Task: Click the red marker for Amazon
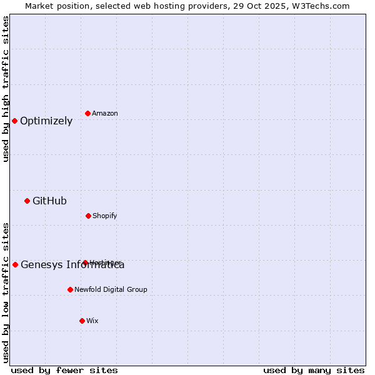pos(88,113)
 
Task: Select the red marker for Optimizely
pos(15,121)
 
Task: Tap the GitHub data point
pos(27,201)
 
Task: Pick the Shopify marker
pos(88,216)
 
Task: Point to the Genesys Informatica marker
pos(16,264)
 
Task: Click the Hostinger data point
pos(85,262)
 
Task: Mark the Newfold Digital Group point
pos(70,289)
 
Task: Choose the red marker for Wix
pos(82,321)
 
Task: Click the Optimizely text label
pos(46,121)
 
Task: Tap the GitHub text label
pos(49,201)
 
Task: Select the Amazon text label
pos(105,114)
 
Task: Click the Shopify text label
pos(105,216)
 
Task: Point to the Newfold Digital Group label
pos(111,290)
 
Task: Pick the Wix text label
pos(92,321)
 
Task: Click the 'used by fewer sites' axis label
pos(64,370)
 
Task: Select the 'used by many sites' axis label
pos(314,370)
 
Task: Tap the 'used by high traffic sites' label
pos(6,89)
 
